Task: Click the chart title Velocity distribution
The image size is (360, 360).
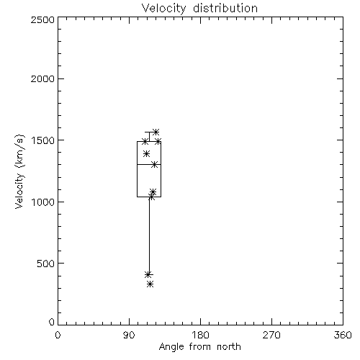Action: pyautogui.click(x=199, y=9)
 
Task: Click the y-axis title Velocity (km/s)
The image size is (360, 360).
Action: pyautogui.click(x=19, y=171)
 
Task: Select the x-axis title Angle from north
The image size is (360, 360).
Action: pyautogui.click(x=199, y=347)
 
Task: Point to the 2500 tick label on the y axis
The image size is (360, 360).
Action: pyautogui.click(x=42, y=19)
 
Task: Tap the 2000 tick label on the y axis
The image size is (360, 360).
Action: pyautogui.click(x=42, y=78)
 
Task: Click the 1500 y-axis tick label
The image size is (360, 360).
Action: pyautogui.click(x=43, y=140)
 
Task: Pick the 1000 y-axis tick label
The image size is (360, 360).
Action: pyautogui.click(x=43, y=202)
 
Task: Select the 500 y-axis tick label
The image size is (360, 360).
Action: pyautogui.click(x=46, y=264)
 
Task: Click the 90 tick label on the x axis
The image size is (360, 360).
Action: pyautogui.click(x=129, y=335)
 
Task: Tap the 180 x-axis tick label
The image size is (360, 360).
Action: pyautogui.click(x=200, y=335)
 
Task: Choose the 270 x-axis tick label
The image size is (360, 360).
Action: pyautogui.click(x=271, y=335)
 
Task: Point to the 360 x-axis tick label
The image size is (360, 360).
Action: pyautogui.click(x=343, y=335)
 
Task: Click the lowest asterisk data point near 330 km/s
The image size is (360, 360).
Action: pyautogui.click(x=150, y=284)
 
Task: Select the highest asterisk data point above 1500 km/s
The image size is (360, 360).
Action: pyautogui.click(x=156, y=132)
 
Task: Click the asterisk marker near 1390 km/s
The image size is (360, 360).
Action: pyautogui.click(x=146, y=153)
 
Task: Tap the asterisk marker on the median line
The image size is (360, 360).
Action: pyautogui.click(x=155, y=165)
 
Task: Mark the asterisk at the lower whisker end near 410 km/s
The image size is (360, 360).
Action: pyautogui.click(x=148, y=274)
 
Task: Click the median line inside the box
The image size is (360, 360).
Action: pyautogui.click(x=149, y=165)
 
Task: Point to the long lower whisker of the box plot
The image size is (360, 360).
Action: pyautogui.click(x=149, y=235)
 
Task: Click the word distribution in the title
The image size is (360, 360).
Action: pyautogui.click(x=225, y=9)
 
